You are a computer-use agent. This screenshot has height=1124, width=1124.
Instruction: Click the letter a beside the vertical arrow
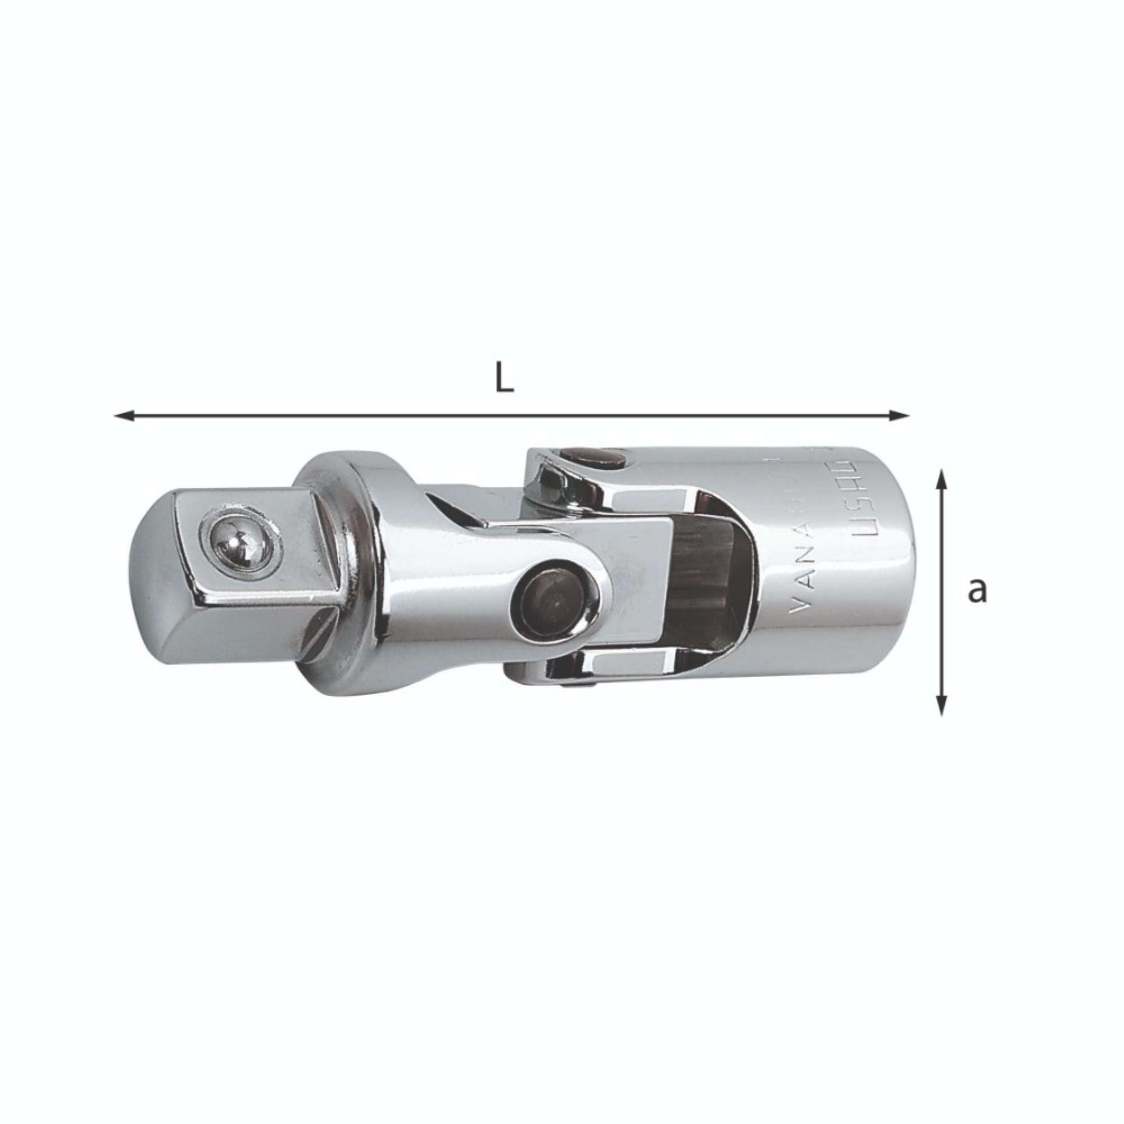point(977,591)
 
